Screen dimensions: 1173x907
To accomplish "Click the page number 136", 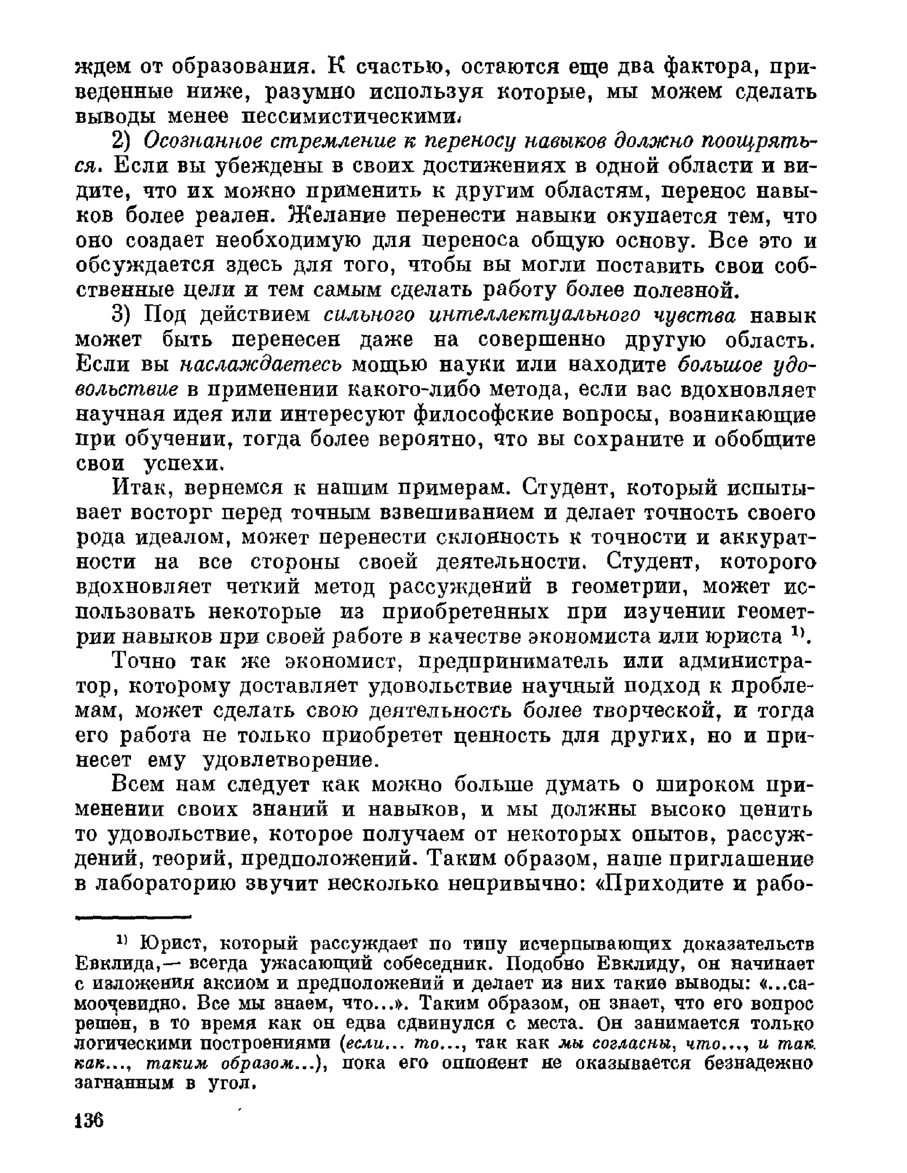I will pos(90,1119).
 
